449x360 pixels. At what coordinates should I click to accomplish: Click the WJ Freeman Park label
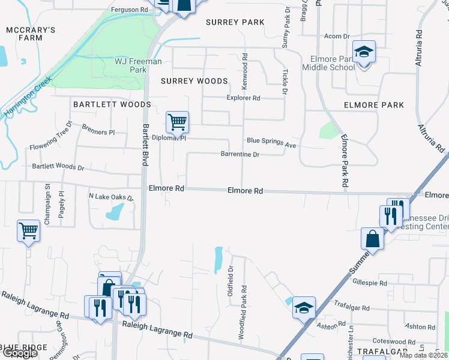[131, 65]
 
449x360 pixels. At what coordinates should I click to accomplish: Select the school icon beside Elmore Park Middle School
[363, 53]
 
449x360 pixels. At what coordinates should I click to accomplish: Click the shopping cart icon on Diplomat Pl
[177, 122]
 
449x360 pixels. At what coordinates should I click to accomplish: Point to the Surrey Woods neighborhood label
[194, 81]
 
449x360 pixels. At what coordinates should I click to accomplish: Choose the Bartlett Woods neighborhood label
[112, 104]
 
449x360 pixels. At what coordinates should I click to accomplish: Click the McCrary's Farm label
[31, 34]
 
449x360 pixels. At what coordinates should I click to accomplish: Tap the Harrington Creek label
[26, 96]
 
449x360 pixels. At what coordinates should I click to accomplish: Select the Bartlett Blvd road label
[145, 150]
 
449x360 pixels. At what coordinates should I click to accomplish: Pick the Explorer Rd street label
[243, 98]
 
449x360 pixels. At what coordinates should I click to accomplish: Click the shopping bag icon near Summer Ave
[372, 238]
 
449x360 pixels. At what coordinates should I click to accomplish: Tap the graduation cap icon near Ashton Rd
[304, 308]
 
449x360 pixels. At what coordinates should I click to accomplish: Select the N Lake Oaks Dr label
[111, 197]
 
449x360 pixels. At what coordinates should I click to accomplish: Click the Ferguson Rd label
[130, 10]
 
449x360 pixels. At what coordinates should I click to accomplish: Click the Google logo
[20, 353]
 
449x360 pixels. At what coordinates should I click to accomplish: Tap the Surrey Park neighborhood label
[235, 22]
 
